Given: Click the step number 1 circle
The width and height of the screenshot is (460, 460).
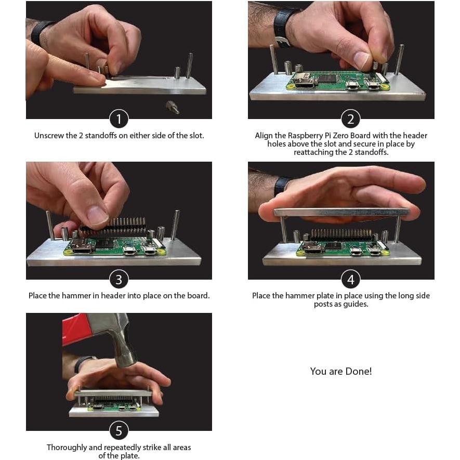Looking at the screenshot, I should [x=119, y=119].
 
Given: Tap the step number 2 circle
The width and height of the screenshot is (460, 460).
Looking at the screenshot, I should [x=350, y=119].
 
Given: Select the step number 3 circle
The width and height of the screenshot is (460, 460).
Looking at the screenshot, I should [x=119, y=280].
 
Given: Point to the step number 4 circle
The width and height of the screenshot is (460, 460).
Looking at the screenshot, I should [x=350, y=280].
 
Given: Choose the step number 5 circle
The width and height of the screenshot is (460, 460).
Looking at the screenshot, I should [x=119, y=430].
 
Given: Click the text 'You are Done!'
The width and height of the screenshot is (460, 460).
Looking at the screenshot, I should [x=341, y=371].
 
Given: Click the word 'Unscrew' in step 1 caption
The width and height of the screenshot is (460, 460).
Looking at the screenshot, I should [x=49, y=136].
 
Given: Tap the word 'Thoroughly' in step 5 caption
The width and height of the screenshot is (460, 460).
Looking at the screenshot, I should [x=67, y=448].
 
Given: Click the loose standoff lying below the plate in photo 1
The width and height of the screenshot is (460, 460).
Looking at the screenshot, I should [x=172, y=107].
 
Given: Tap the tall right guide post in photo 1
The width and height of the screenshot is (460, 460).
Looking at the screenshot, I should [x=190, y=65].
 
